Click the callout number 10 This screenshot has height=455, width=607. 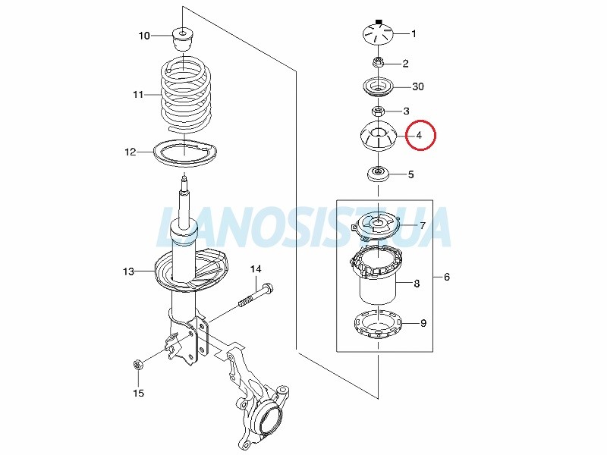pyautogui.click(x=144, y=36)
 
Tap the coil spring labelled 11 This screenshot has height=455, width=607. pyautogui.click(x=186, y=95)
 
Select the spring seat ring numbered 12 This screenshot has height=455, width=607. pyautogui.click(x=185, y=153)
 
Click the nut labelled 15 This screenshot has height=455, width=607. pyautogui.click(x=137, y=365)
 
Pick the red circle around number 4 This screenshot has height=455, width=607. pyautogui.click(x=420, y=135)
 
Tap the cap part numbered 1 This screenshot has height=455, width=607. pyautogui.click(x=378, y=33)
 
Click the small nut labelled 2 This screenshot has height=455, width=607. pyautogui.click(x=378, y=62)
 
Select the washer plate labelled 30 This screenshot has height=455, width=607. pyautogui.click(x=378, y=87)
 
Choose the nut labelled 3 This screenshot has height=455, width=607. pyautogui.click(x=378, y=111)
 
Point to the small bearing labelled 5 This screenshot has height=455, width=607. pyautogui.click(x=377, y=174)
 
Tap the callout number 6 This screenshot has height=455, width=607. pyautogui.click(x=447, y=277)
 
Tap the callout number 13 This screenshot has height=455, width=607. pyautogui.click(x=128, y=271)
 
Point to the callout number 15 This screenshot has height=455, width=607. pyautogui.click(x=138, y=393)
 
